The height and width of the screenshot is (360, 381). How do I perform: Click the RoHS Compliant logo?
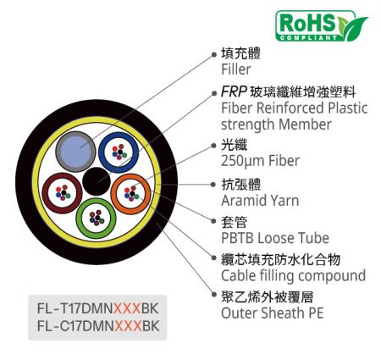point(322,26)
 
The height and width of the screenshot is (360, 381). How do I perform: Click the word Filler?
point(236,69)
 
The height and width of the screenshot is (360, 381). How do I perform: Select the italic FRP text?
point(234,91)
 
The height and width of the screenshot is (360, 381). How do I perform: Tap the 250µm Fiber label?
point(260,161)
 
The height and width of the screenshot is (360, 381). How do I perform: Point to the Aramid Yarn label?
point(260,201)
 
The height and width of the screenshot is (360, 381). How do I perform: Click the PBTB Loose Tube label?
point(275,238)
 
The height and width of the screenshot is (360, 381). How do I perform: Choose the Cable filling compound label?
point(294,276)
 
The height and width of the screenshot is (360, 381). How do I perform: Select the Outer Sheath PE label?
point(273,313)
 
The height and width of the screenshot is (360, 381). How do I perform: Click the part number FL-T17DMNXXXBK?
point(97,308)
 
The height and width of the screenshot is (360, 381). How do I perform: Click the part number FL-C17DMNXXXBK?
point(98,326)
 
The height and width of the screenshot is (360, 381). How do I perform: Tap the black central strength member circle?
point(97,181)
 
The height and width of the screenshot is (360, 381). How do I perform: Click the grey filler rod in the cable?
point(76,152)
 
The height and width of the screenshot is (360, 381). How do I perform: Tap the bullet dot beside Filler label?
point(213,54)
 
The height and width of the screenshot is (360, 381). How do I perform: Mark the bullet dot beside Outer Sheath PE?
point(213,295)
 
